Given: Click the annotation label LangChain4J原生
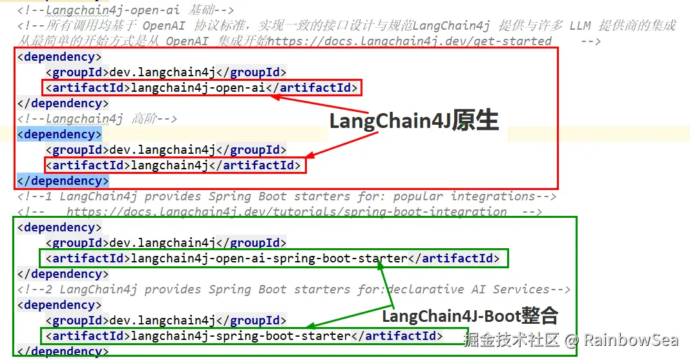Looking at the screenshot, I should pyautogui.click(x=413, y=121).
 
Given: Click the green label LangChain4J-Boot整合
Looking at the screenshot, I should pyautogui.click(x=470, y=316).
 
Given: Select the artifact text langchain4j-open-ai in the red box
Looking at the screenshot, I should pyautogui.click(x=198, y=88).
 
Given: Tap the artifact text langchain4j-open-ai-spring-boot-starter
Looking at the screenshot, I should pyautogui.click(x=269, y=259).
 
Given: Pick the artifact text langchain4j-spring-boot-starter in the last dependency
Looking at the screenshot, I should pyautogui.click(x=240, y=336).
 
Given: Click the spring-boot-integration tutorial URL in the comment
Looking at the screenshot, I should pyautogui.click(x=286, y=212).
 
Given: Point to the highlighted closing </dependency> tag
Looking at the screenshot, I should pyautogui.click(x=63, y=181).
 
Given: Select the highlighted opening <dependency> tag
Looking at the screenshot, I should pyautogui.click(x=59, y=134).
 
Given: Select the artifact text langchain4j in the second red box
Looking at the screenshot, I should pyautogui.click(x=169, y=165).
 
